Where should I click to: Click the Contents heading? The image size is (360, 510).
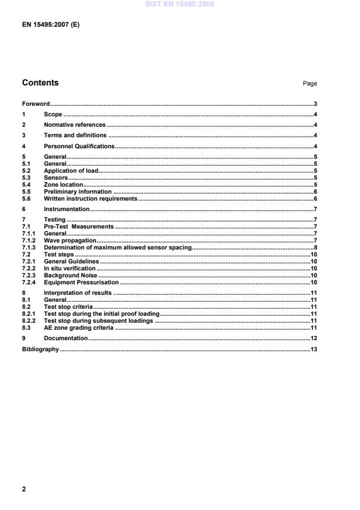[x=40, y=83]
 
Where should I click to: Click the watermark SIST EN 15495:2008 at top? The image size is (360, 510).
[x=180, y=4]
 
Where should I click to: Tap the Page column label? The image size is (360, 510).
[x=309, y=84]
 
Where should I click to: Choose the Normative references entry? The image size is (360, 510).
[x=74, y=124]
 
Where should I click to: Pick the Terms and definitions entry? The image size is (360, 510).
[x=75, y=135]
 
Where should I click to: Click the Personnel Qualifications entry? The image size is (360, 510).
[x=79, y=145]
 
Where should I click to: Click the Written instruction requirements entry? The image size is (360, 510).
[x=90, y=198]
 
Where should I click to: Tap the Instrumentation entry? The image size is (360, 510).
[x=66, y=209]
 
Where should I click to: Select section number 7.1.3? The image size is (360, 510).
[x=30, y=247]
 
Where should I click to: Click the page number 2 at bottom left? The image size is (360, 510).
[x=24, y=489]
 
